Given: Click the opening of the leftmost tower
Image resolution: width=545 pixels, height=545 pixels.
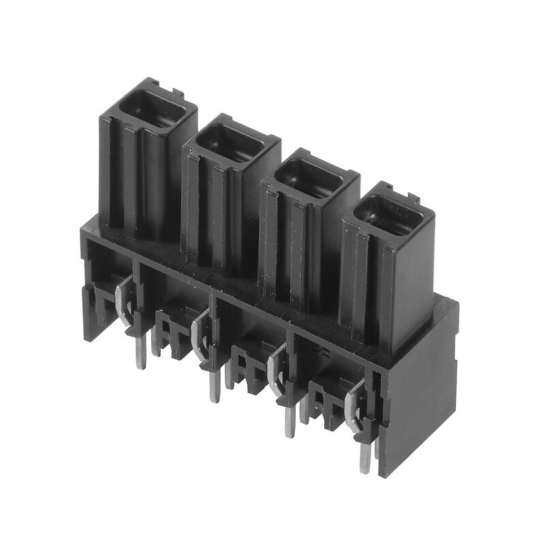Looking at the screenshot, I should [x=153, y=110].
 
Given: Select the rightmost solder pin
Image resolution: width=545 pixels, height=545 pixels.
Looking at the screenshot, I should [x=366, y=456].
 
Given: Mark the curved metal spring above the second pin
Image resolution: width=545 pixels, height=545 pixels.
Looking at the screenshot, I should [x=198, y=330].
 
